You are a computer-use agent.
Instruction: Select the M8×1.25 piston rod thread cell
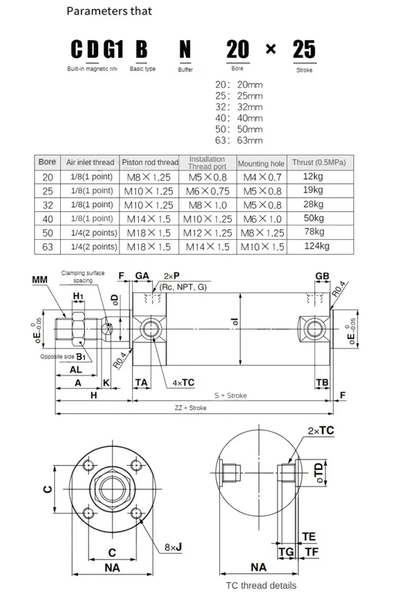149,177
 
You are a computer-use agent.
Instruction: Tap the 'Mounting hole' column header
261,163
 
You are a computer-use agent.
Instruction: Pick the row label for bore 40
47,218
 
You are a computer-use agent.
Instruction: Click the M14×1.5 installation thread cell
207,247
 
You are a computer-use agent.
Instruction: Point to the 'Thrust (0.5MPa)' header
319,163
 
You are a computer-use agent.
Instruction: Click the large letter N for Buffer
185,50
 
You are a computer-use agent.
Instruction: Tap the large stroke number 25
304,50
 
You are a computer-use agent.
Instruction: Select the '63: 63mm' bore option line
238,140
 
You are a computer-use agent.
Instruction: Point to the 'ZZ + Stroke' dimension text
190,408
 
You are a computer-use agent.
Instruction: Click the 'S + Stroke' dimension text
230,396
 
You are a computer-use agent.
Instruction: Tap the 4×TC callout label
183,383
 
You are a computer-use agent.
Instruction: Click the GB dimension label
322,276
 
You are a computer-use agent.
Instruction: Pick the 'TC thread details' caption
261,585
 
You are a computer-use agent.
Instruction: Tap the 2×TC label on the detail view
321,430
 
